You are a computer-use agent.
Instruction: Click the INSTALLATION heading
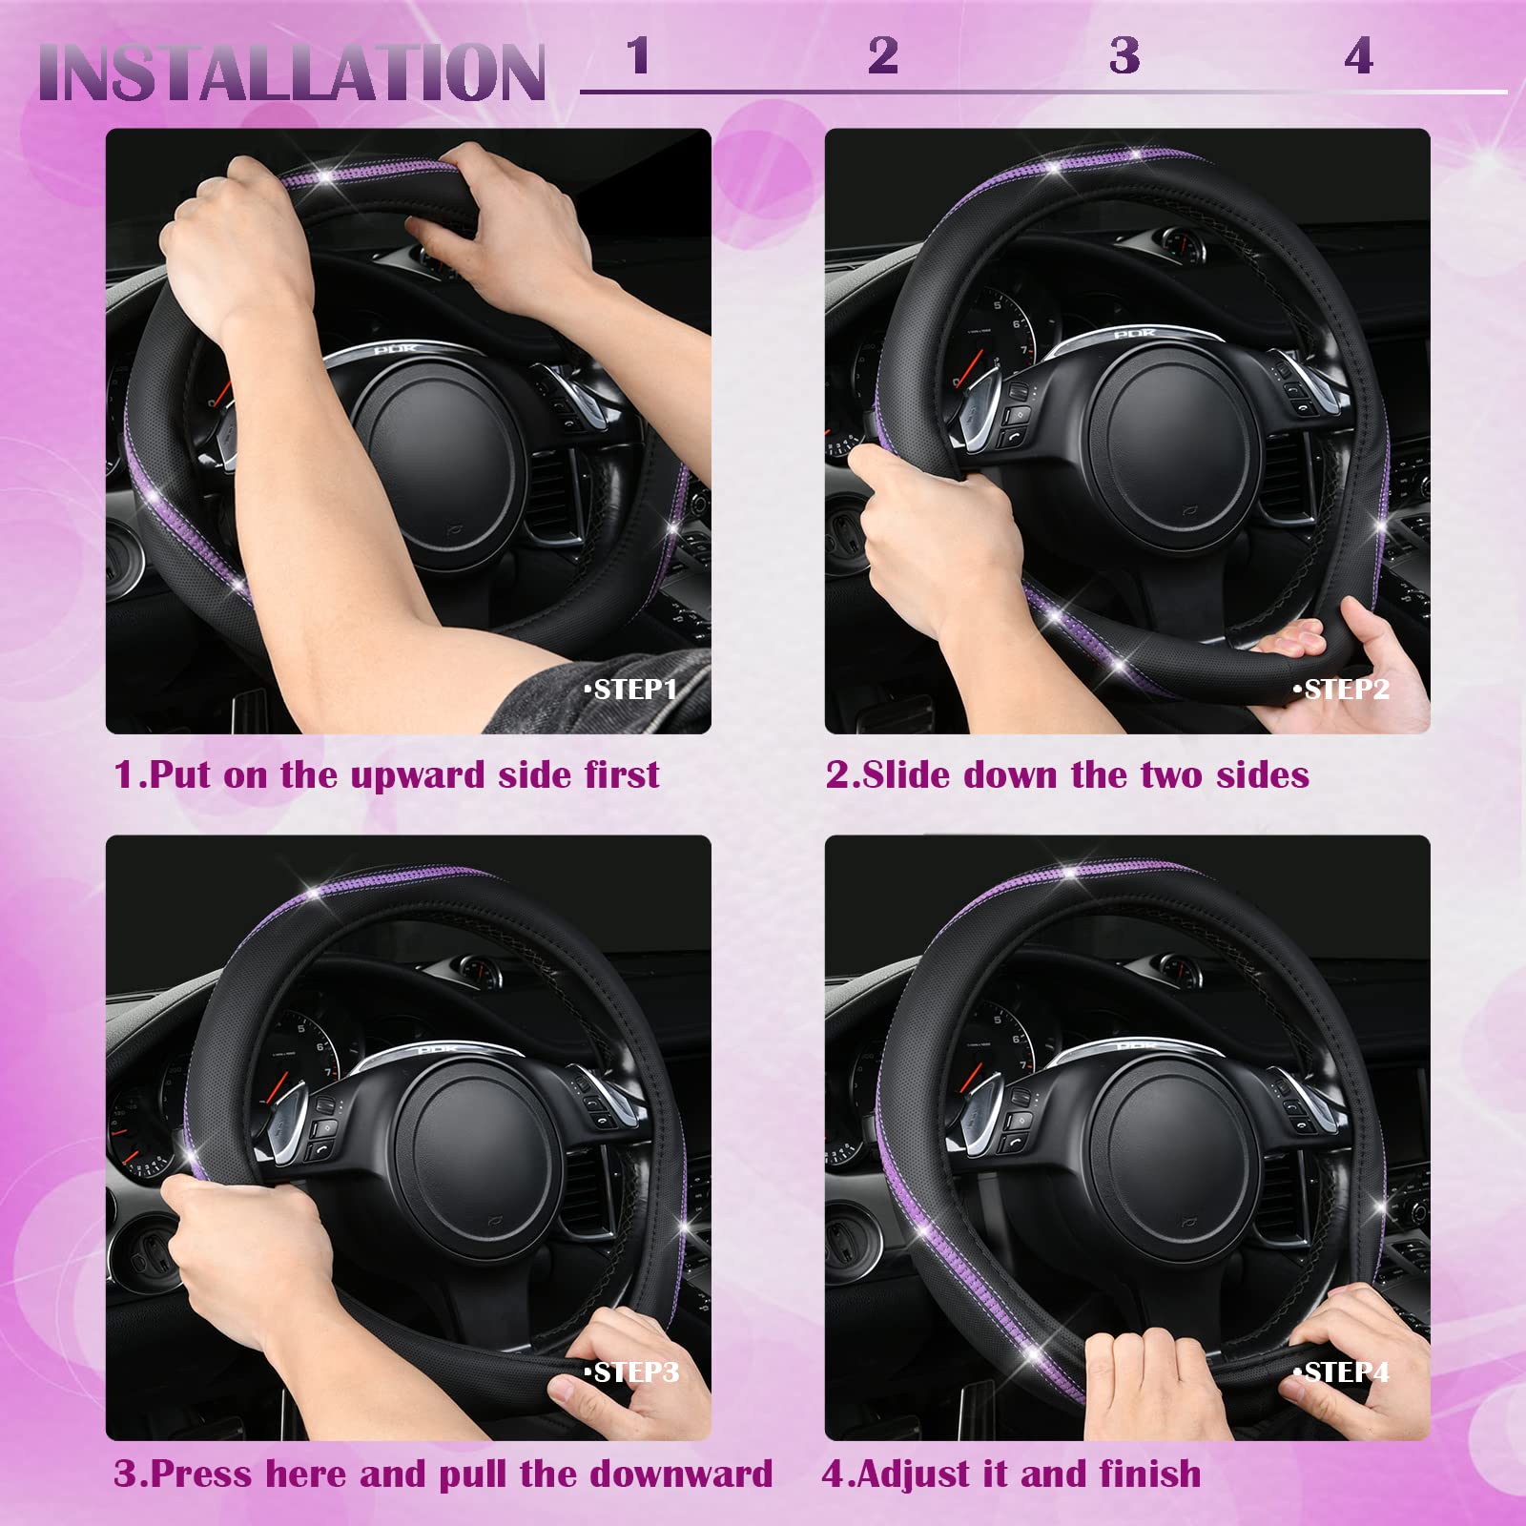pyautogui.click(x=291, y=72)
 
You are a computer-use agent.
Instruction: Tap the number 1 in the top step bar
pyautogui.click(x=638, y=55)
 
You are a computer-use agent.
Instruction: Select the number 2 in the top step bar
pyautogui.click(x=882, y=55)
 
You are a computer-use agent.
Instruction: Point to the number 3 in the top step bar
pyautogui.click(x=1124, y=56)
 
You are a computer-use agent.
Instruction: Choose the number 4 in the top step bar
pyautogui.click(x=1358, y=56)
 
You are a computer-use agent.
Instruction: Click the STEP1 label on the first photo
pyautogui.click(x=631, y=689)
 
